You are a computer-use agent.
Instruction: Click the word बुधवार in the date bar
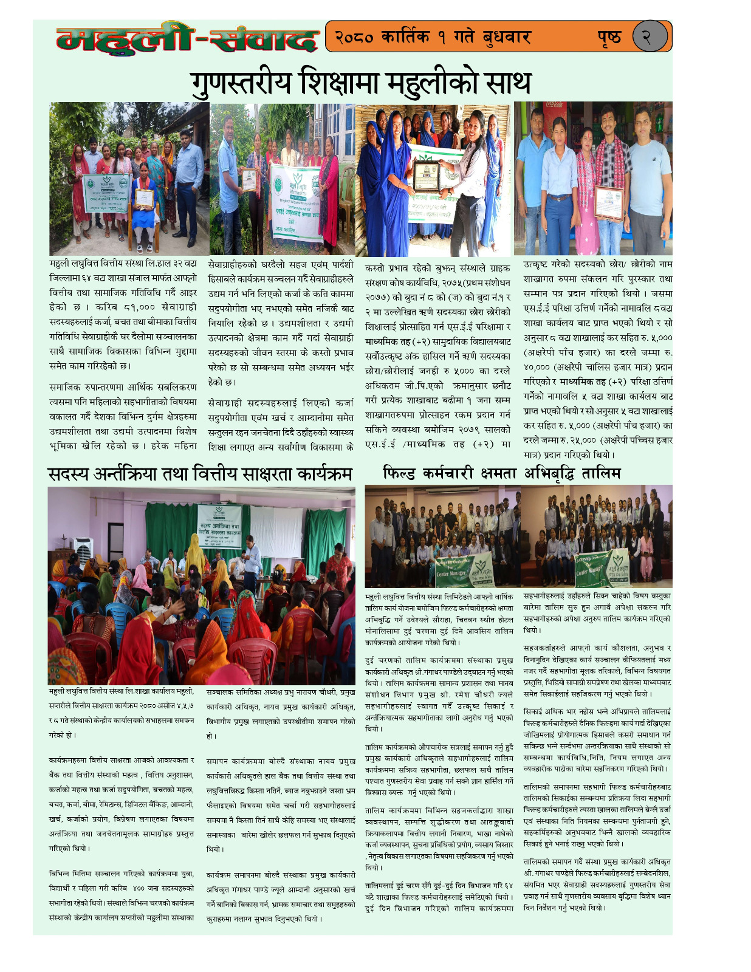tap(507, 37)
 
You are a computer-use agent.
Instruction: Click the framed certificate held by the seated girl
tap(144, 198)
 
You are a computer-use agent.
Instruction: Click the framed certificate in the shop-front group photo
tap(609, 202)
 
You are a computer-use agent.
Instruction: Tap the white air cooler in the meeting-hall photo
tap(83, 550)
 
